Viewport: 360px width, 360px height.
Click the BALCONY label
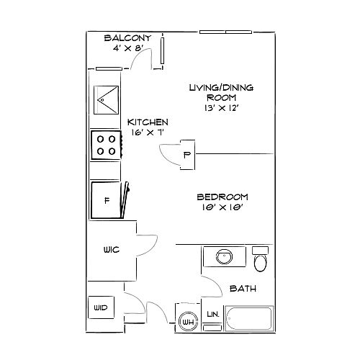coord(127,38)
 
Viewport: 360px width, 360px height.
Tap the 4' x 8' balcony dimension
coord(128,48)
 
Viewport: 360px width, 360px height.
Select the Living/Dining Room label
coord(221,92)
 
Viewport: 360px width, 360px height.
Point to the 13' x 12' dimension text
coord(221,108)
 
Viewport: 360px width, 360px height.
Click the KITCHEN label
coord(148,122)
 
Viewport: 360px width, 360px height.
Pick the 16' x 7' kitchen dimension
coord(148,132)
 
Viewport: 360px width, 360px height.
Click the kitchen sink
coord(106,99)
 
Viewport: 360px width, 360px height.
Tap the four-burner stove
coord(106,145)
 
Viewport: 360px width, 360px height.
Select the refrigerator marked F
coord(106,200)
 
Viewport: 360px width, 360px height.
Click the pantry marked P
coord(187,155)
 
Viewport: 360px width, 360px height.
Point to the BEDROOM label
coord(222,197)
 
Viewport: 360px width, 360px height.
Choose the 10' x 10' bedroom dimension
coord(222,207)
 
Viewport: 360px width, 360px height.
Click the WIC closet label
coord(112,250)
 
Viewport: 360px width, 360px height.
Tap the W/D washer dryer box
coord(101,307)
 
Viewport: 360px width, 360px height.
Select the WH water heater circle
coord(189,322)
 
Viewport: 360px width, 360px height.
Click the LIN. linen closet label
coord(213,314)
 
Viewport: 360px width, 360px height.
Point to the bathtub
coord(249,318)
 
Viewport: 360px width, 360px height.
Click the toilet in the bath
coord(260,259)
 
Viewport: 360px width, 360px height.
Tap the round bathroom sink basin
coord(224,256)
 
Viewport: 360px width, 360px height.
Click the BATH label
coord(243,288)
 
